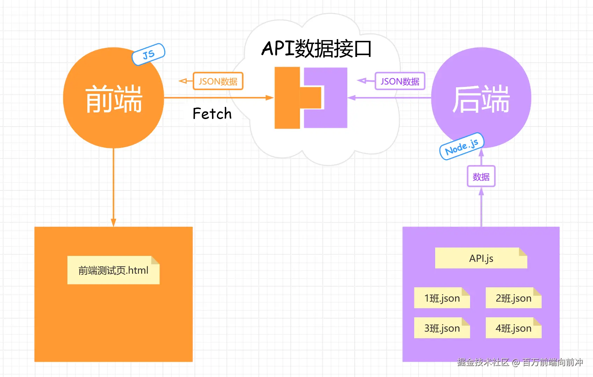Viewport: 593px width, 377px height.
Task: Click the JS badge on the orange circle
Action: (148, 54)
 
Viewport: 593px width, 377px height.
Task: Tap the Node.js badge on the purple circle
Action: (462, 146)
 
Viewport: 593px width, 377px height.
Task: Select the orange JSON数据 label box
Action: (218, 81)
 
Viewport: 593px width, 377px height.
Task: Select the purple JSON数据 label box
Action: (400, 81)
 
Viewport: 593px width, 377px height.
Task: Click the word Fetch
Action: (212, 114)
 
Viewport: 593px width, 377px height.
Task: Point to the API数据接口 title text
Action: (316, 49)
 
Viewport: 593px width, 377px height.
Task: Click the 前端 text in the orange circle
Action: (114, 99)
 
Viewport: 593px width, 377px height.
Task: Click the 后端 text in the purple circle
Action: (481, 99)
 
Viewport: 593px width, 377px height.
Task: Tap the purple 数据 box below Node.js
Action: (481, 177)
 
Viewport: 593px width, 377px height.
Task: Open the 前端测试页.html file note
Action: (113, 270)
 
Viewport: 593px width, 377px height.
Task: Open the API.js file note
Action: (481, 258)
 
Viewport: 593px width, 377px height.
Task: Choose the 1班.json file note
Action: (442, 298)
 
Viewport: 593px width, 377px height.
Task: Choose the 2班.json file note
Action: (513, 298)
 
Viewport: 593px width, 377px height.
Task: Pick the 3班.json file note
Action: (442, 328)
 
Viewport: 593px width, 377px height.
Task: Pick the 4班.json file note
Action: (513, 328)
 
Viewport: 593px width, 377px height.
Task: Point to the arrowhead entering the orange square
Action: (114, 223)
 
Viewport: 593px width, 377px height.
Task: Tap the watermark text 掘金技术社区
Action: (483, 362)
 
